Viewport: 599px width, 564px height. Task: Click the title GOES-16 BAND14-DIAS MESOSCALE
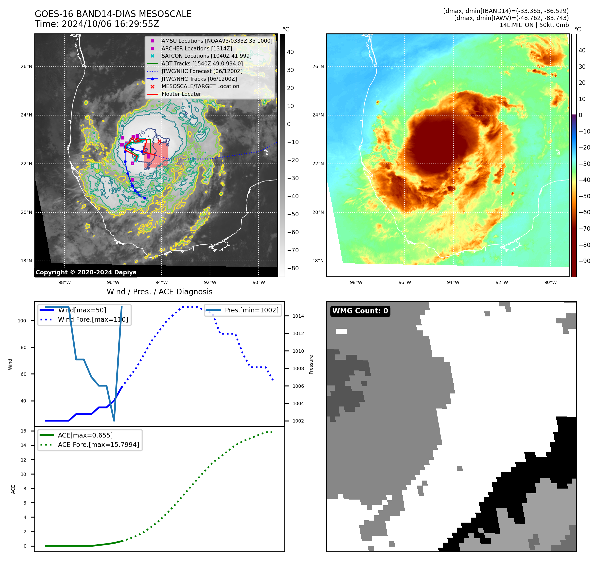[x=113, y=14]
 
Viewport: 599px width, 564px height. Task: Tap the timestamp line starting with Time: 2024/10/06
[x=97, y=24]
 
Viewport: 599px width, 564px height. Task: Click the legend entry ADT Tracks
[x=202, y=63]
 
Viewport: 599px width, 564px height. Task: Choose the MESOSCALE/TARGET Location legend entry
[x=200, y=86]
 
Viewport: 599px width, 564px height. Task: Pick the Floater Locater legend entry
[x=181, y=94]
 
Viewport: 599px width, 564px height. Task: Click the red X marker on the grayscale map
[x=159, y=141]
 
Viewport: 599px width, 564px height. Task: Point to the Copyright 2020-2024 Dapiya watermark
[x=86, y=272]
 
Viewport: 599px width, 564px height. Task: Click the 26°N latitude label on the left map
[x=26, y=66]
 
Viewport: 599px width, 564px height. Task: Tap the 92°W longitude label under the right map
[x=502, y=282]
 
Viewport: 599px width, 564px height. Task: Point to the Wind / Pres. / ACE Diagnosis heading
[x=159, y=292]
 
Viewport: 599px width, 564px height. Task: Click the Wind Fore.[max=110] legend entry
[x=93, y=319]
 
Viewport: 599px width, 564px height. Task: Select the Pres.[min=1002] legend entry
[x=251, y=310]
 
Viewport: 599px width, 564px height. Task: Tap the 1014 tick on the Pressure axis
[x=298, y=316]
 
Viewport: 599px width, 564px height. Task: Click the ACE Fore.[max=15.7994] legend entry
[x=98, y=445]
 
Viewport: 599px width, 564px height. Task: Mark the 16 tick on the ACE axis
[x=24, y=431]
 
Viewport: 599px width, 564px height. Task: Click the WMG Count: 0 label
[x=360, y=311]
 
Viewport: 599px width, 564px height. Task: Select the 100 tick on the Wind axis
[x=22, y=321]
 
